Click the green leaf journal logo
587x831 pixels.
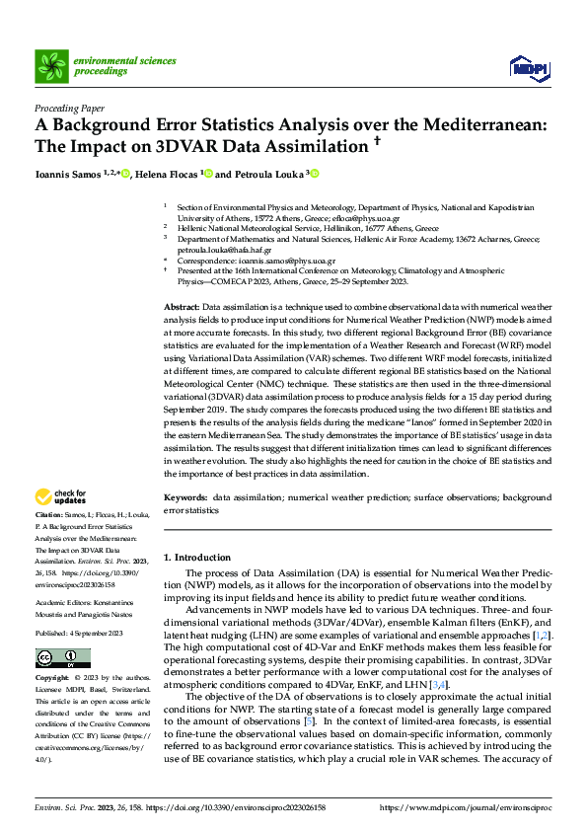pos(50,66)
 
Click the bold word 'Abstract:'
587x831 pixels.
pos(182,309)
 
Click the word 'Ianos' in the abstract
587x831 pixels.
pos(406,420)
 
